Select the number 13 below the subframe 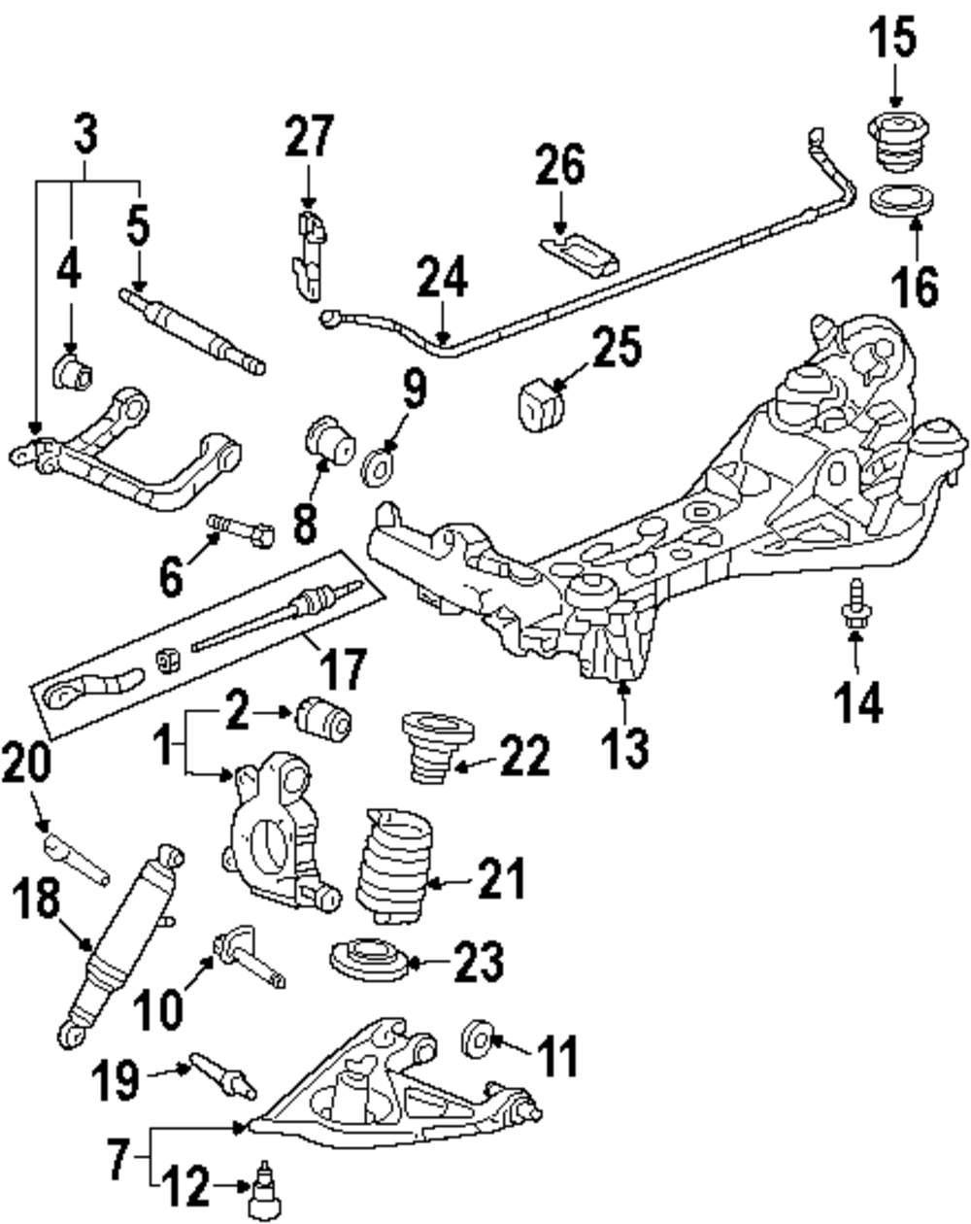(626, 747)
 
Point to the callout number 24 (442, 277)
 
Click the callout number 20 (26, 764)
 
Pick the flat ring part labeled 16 (903, 201)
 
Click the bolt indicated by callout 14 (854, 605)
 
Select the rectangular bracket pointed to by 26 (579, 255)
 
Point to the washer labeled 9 (380, 467)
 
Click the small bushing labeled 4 (74, 372)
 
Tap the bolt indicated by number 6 (241, 530)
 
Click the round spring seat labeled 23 (369, 962)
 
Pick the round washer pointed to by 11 (477, 1039)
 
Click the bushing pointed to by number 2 (324, 720)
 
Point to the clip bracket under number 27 (310, 255)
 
